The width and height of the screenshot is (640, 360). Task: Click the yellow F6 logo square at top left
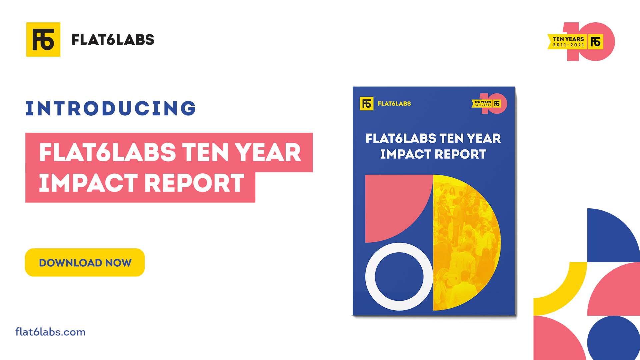43,39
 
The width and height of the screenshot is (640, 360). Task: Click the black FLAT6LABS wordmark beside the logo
113,40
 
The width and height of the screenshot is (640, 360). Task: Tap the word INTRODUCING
111,108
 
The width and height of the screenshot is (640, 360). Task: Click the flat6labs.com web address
50,332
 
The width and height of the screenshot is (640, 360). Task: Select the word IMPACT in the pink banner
88,183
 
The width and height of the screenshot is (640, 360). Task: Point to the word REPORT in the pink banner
194,183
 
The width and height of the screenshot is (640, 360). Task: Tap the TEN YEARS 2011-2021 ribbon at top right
567,42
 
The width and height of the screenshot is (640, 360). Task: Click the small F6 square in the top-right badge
595,42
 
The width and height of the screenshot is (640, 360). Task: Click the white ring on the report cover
370,277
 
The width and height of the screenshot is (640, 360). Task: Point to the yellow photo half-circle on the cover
467,243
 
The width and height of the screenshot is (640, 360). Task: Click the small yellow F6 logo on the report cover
367,104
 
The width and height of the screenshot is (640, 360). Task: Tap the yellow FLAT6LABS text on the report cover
394,104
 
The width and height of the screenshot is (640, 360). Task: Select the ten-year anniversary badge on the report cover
489,104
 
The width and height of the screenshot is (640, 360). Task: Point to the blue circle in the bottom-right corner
613,338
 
